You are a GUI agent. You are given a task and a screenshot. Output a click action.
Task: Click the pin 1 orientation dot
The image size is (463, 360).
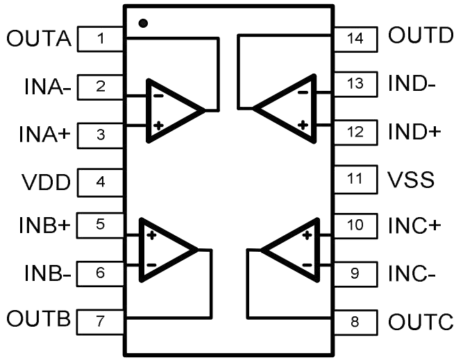click(143, 23)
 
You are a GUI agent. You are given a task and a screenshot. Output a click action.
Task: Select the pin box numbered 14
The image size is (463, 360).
click(355, 40)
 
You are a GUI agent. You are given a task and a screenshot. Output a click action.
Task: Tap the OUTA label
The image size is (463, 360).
click(39, 38)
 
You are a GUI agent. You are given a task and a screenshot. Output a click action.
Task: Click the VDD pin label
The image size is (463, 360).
click(46, 182)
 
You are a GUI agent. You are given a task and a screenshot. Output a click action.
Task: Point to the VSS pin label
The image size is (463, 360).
click(411, 180)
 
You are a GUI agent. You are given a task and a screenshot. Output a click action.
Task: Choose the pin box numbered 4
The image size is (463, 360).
click(101, 182)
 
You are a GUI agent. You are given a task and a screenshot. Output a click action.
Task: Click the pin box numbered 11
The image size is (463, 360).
click(355, 180)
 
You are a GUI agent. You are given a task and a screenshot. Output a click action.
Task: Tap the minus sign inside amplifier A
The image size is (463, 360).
click(158, 96)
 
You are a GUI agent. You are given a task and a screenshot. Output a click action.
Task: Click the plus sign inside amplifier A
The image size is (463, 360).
click(158, 126)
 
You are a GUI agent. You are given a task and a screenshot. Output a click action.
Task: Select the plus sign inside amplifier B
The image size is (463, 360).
click(151, 235)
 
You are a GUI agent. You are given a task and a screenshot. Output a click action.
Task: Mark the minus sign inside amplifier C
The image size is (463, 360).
click(307, 265)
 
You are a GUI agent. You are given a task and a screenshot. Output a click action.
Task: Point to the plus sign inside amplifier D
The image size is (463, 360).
click(303, 125)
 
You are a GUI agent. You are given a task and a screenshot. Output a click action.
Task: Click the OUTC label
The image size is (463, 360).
click(421, 322)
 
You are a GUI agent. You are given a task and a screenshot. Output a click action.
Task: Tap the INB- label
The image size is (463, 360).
click(48, 273)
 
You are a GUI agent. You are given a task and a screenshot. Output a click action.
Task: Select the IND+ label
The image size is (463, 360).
click(414, 132)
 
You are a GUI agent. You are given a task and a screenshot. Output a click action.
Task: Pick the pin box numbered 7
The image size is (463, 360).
click(101, 322)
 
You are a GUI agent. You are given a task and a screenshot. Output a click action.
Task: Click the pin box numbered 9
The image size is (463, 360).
click(355, 274)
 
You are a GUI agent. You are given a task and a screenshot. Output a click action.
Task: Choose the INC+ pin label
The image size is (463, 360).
click(414, 225)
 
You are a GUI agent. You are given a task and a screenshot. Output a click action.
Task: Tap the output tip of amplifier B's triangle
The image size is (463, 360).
click(197, 250)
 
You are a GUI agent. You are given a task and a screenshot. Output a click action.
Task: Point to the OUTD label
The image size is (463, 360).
click(421, 35)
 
